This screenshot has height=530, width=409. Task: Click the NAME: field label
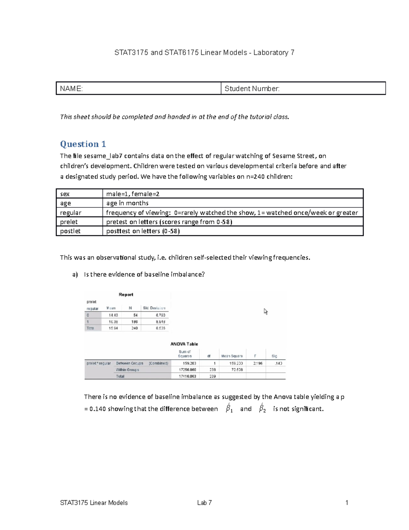point(71,89)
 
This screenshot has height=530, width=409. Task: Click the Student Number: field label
point(252,89)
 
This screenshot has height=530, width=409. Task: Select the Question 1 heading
point(83,144)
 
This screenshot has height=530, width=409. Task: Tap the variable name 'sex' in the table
point(65,194)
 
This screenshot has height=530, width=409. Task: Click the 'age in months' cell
point(127,203)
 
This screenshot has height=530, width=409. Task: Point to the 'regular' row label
point(71,213)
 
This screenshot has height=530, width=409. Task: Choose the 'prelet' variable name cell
point(69,222)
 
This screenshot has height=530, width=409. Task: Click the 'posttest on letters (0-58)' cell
point(143,231)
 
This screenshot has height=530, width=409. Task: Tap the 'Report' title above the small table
point(126,295)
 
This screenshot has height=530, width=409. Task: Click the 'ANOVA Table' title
point(184,344)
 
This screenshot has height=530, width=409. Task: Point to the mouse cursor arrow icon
point(266,311)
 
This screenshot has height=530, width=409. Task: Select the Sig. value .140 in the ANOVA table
point(278,363)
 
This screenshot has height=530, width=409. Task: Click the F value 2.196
point(258,363)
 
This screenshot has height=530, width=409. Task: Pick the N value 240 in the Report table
point(135,328)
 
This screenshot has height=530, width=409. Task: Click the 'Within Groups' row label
point(127,370)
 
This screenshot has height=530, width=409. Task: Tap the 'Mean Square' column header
point(232,356)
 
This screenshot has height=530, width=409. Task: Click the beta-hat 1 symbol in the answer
point(229,408)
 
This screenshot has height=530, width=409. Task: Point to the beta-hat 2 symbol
point(262,408)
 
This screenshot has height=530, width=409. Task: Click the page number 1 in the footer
point(347,503)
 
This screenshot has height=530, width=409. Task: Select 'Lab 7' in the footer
point(204,503)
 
